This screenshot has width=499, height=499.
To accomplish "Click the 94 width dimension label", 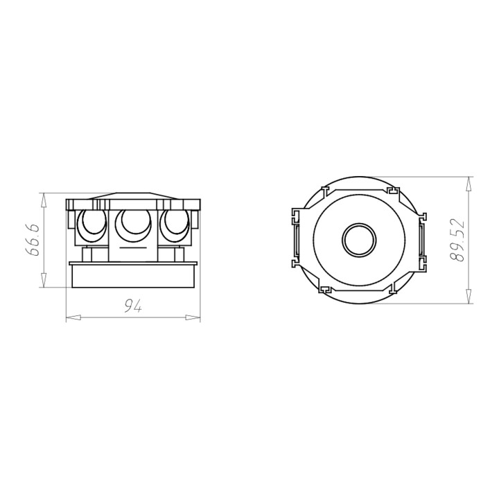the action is point(132,306).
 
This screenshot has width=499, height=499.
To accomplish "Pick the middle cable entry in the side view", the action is point(133,225).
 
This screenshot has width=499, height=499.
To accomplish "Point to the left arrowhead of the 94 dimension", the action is point(73,317).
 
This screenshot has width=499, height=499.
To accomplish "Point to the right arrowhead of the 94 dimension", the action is point(193,317).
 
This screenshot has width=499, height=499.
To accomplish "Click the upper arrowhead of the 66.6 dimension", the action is point(44,200).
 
